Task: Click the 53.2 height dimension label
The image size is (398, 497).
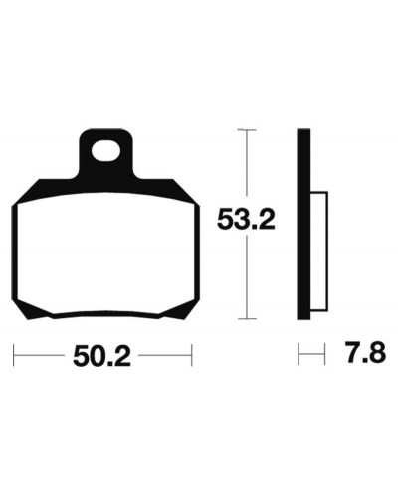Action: coord(246,220)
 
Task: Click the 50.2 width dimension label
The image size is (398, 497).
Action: coord(101,356)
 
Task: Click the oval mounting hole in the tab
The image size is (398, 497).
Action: coord(105,151)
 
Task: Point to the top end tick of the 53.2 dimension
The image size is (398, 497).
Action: coord(247,130)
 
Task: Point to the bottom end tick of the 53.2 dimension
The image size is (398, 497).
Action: coord(247,319)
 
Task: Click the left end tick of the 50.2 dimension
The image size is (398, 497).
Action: coord(13,355)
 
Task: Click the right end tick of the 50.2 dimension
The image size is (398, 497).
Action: coord(192,355)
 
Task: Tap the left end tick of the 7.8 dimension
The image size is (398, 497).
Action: coord(298,354)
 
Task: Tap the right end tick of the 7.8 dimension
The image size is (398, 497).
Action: coord(324,354)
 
